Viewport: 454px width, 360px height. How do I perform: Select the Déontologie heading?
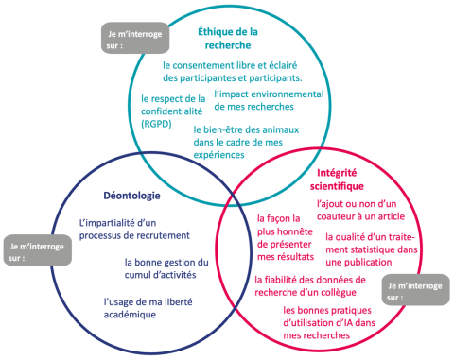pos(118,197)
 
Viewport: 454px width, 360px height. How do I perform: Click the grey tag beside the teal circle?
pos(131,38)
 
